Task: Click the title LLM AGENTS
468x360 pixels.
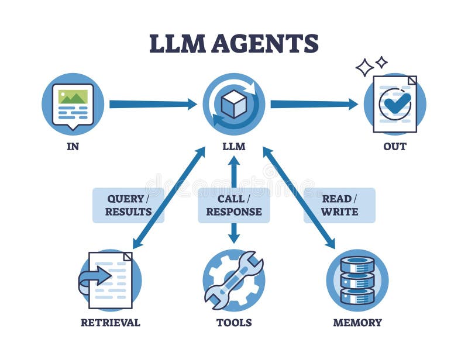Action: point(233,44)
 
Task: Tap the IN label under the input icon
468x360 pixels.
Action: point(73,147)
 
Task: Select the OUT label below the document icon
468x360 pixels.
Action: point(394,147)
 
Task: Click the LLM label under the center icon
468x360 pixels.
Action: point(233,147)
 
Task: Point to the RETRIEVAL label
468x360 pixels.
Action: point(110,323)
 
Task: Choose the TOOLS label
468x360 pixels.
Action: point(233,323)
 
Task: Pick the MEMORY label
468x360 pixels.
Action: point(357,323)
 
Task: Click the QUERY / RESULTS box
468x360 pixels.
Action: point(128,205)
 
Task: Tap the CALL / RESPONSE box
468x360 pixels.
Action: point(233,205)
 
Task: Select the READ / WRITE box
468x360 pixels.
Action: point(339,205)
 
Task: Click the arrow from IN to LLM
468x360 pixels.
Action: point(152,104)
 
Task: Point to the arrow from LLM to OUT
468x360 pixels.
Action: point(314,104)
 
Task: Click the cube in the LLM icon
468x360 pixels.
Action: point(233,105)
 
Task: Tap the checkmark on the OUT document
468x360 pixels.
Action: point(396,104)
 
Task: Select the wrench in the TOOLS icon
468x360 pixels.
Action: point(234,279)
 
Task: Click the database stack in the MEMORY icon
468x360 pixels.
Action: point(357,281)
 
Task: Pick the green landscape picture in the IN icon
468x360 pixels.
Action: point(73,96)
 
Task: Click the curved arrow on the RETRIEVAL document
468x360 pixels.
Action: point(95,277)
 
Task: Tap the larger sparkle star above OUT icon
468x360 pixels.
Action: point(364,67)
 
